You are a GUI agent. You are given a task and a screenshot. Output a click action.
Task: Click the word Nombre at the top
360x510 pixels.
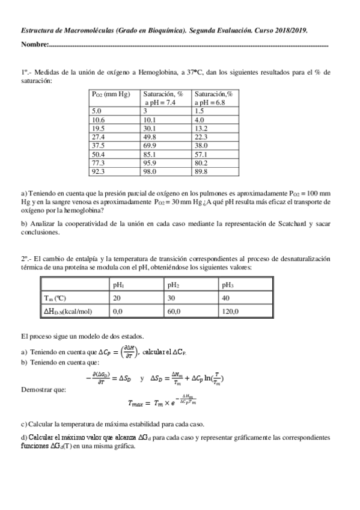pos(34,45)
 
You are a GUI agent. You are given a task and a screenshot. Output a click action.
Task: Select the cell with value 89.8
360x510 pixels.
pos(201,171)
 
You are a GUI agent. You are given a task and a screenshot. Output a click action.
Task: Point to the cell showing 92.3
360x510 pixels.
pos(99,171)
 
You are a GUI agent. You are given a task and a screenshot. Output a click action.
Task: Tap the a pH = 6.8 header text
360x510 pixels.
pos(213,103)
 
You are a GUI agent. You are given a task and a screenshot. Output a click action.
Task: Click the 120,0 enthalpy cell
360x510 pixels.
pos(230,312)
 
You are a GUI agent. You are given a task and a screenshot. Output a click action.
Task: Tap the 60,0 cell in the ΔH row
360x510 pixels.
pos(174,312)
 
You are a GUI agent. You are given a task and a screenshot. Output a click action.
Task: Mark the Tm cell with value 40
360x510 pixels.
pos(225,298)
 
